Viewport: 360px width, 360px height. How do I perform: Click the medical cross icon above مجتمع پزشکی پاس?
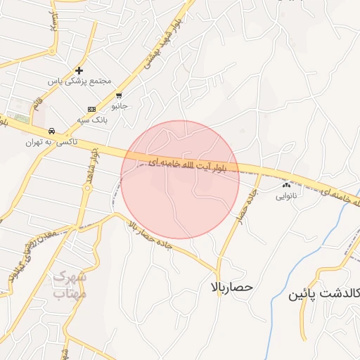click(x=79, y=70)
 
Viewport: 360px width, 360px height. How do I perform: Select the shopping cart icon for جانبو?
click(x=120, y=96)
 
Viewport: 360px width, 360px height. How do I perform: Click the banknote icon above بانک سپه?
click(x=92, y=110)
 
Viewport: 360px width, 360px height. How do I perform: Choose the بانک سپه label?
click(x=92, y=120)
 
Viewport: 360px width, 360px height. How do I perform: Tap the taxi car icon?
click(x=51, y=131)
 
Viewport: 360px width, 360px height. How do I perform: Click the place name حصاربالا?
click(x=231, y=288)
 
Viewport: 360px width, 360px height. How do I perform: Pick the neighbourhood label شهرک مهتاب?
click(x=69, y=285)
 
